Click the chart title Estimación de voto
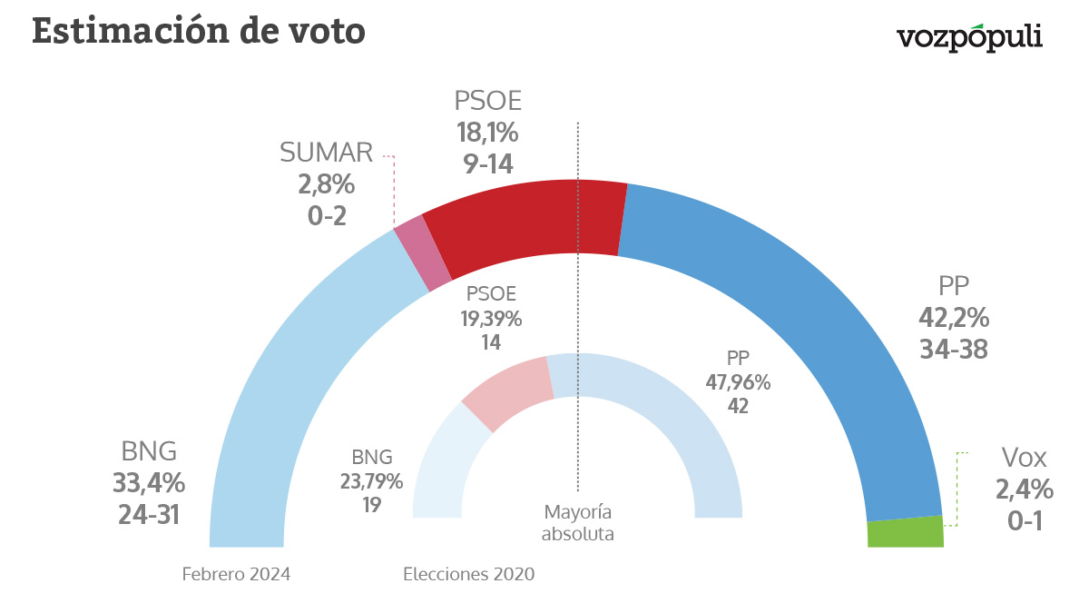(x=198, y=31)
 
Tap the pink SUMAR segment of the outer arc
(x=424, y=252)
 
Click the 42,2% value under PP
(x=953, y=319)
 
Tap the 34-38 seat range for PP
(x=953, y=349)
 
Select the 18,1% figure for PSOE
(x=487, y=133)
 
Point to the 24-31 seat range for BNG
(x=148, y=514)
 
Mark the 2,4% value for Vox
(x=1025, y=489)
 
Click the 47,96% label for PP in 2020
(x=738, y=382)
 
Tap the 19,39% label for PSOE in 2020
(x=491, y=319)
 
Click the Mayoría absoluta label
(x=577, y=522)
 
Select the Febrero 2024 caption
(x=236, y=574)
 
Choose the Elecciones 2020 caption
(x=468, y=574)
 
